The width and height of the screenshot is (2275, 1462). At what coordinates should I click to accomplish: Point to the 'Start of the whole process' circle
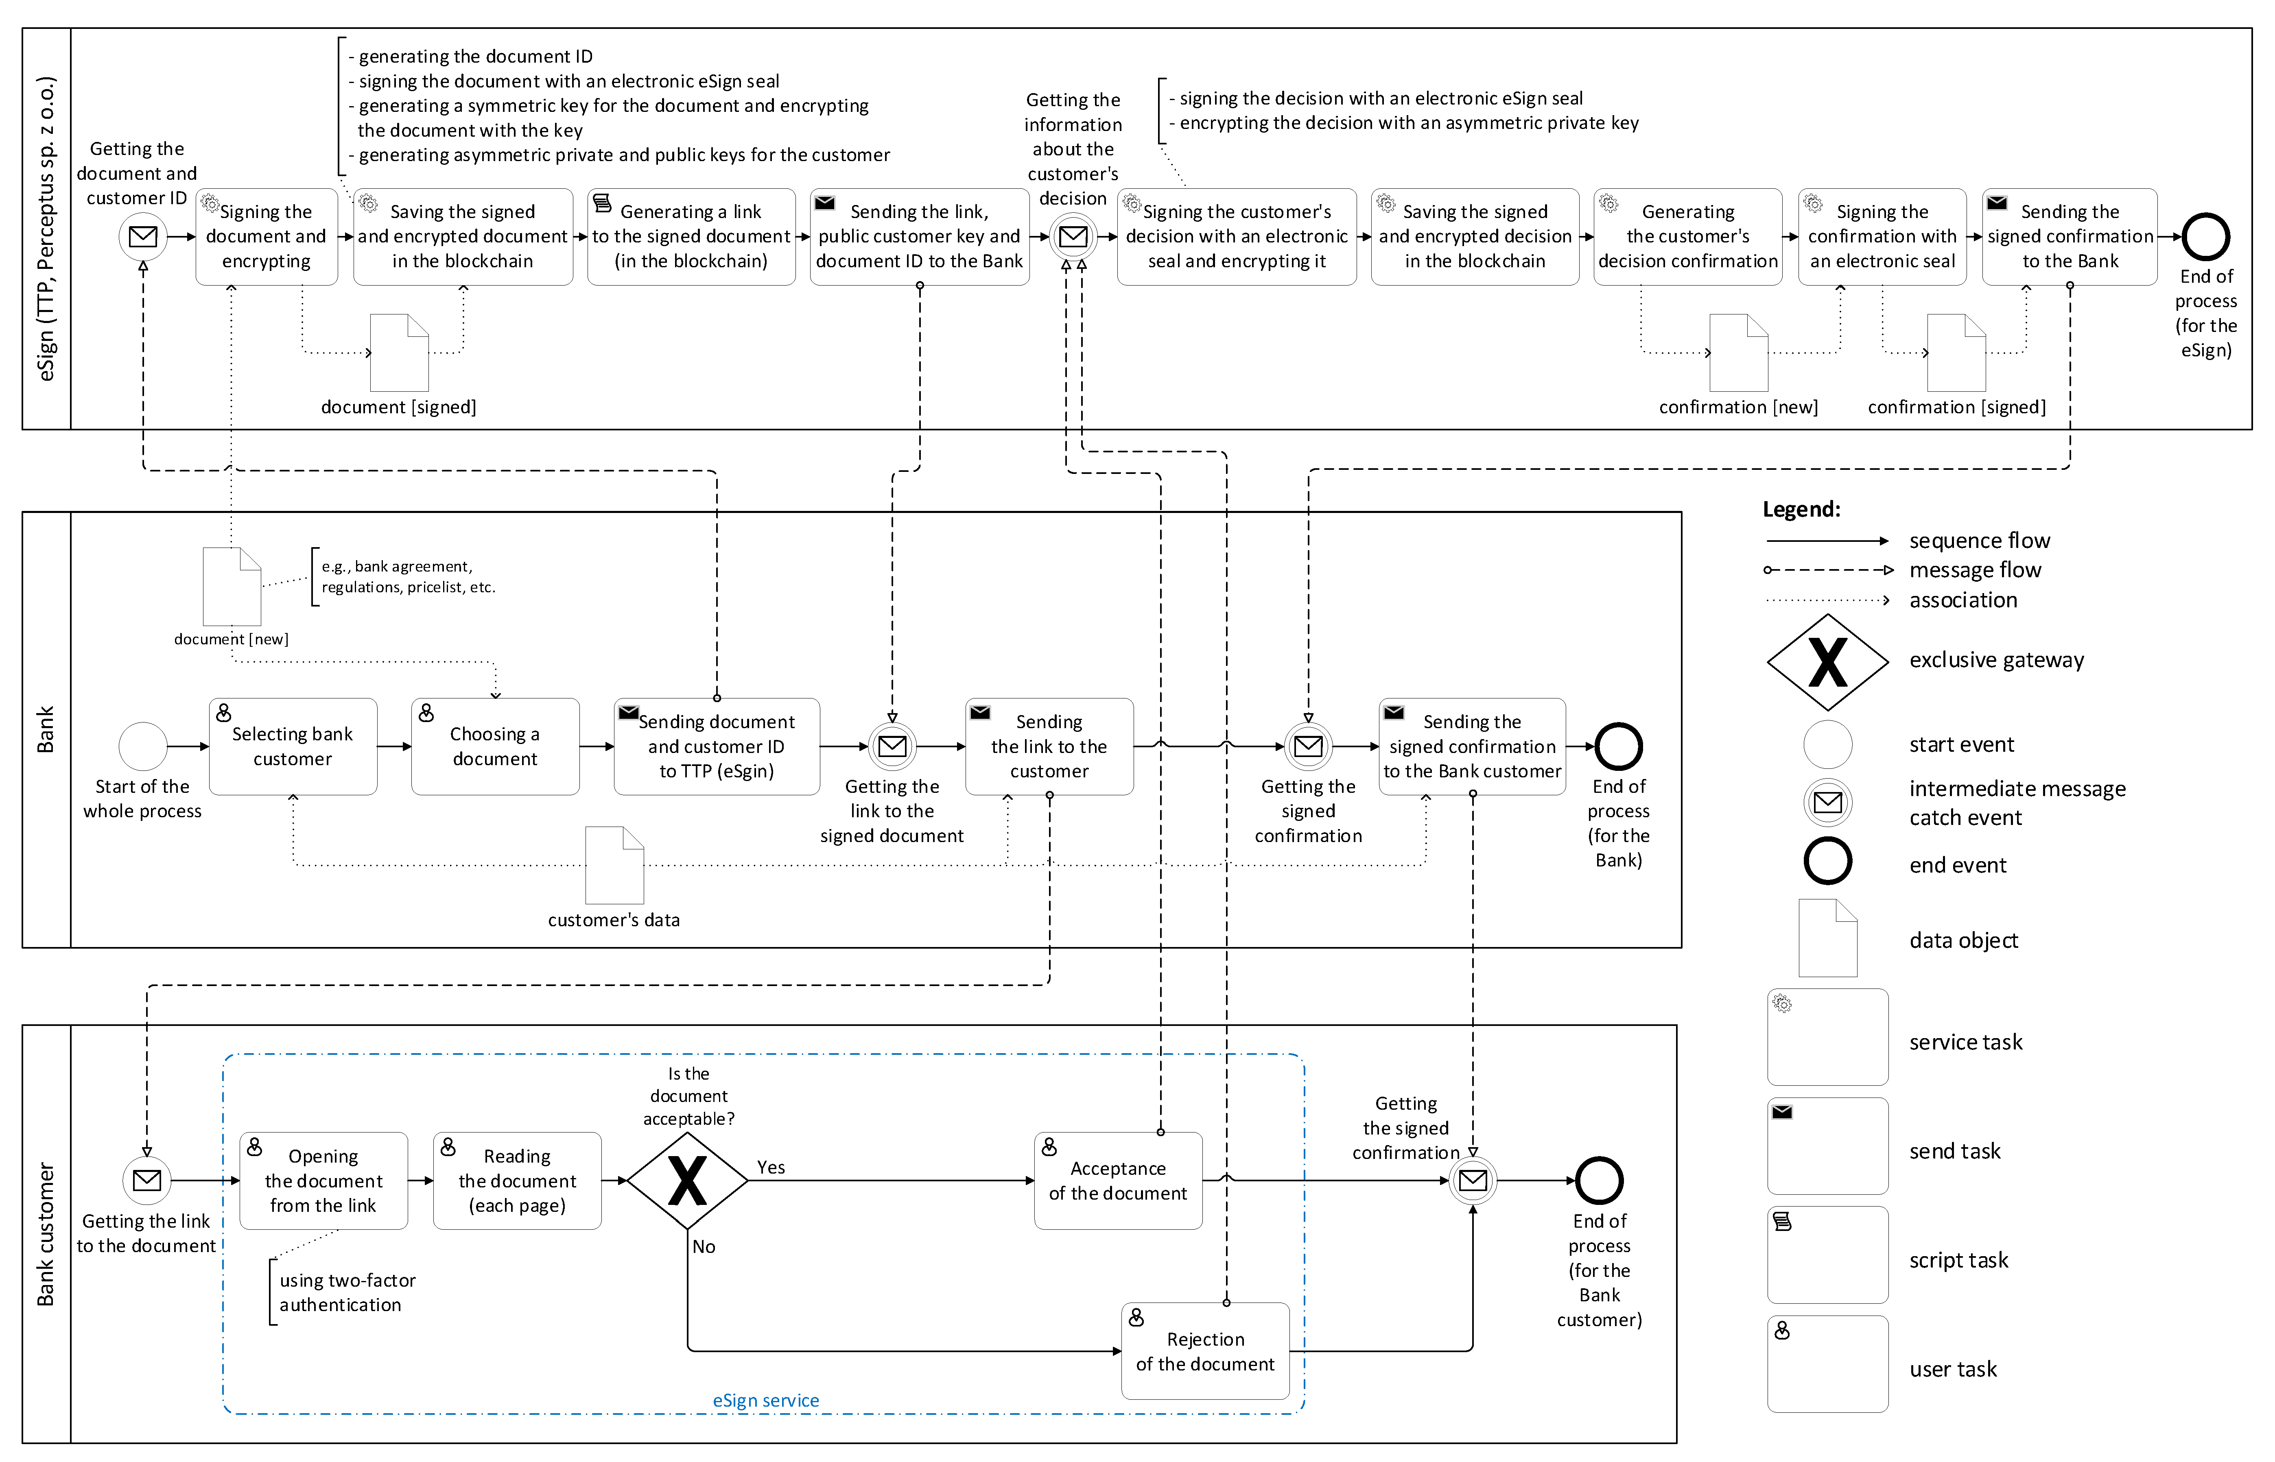pos(142,746)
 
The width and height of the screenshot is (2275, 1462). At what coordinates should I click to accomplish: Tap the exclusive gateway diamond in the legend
pos(1827,662)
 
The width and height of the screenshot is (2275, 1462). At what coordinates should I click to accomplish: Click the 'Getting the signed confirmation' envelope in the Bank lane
pos(1307,746)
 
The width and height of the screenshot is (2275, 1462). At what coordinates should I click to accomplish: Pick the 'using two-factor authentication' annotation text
pos(347,1292)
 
